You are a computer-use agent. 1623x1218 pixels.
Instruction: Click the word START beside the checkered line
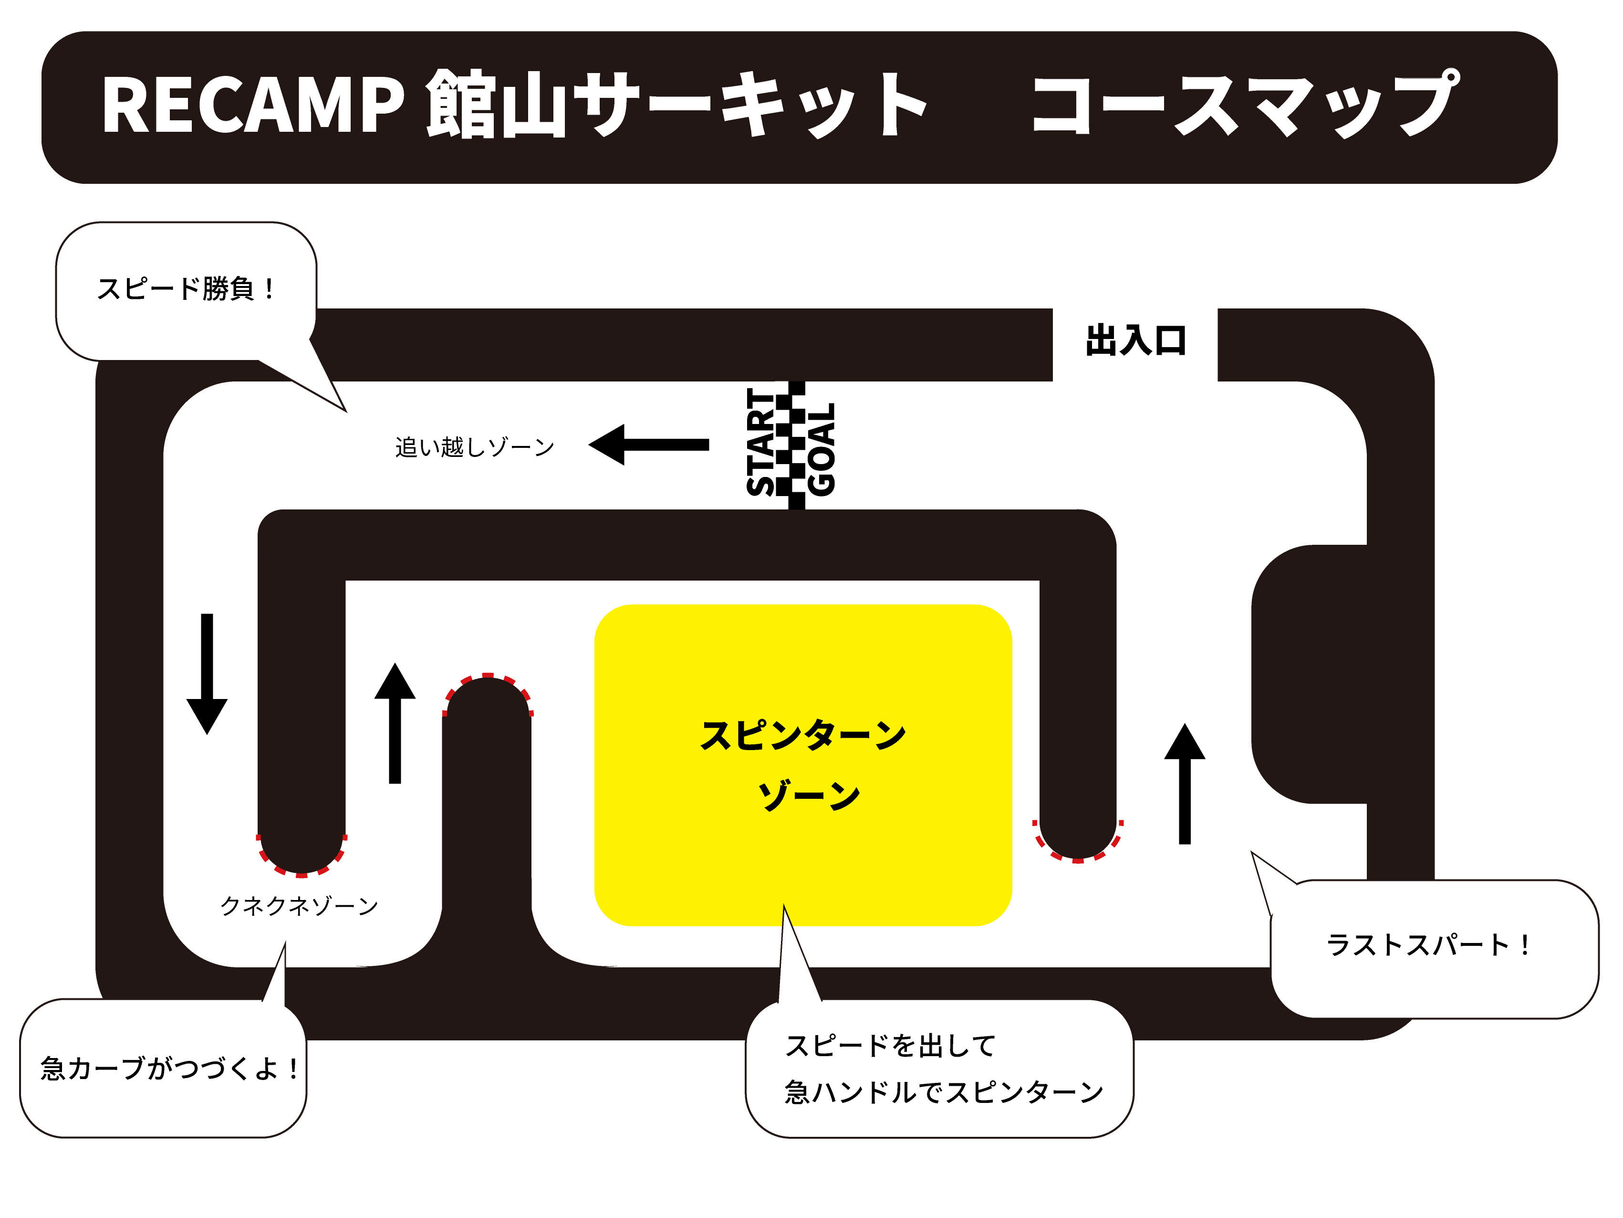761,442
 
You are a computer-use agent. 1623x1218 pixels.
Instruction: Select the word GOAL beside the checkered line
822,449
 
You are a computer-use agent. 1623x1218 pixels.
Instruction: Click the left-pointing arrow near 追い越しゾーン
649,444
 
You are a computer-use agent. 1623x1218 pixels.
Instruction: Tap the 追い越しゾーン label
475,446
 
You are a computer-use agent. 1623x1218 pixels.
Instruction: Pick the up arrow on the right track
1184,784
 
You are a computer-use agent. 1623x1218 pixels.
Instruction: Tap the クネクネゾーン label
299,906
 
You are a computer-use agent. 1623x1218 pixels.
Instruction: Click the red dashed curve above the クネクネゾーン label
301,863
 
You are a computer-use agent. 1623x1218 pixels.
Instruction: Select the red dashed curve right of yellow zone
1078,851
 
